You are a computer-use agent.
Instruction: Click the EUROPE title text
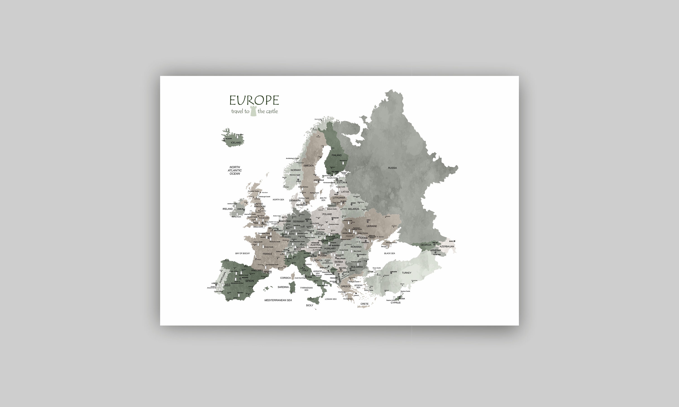tap(254, 100)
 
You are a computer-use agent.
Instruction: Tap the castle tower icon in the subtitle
tap(253, 111)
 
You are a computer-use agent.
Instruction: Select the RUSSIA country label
tap(392, 168)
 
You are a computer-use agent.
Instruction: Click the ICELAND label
tap(236, 143)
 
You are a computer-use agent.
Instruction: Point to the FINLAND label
tap(337, 155)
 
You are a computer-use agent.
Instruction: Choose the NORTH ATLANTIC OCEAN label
tap(235, 170)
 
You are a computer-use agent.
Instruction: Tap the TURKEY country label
tap(406, 273)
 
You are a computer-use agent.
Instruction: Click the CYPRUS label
tap(395, 303)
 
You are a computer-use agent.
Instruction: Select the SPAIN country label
tap(249, 281)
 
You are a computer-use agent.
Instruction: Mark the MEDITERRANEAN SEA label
tap(278, 300)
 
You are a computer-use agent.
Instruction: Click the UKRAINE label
tap(372, 226)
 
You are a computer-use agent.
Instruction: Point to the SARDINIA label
tap(283, 287)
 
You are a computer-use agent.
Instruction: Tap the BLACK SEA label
tap(390, 253)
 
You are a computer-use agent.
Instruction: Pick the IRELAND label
tap(227, 209)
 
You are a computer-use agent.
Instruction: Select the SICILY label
tap(310, 305)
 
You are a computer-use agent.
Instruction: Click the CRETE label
tap(364, 304)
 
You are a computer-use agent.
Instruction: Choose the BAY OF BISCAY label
tap(242, 253)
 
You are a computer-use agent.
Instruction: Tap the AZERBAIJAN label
tap(447, 246)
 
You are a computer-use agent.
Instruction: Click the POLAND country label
tap(327, 214)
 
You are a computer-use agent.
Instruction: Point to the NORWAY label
tap(296, 170)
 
